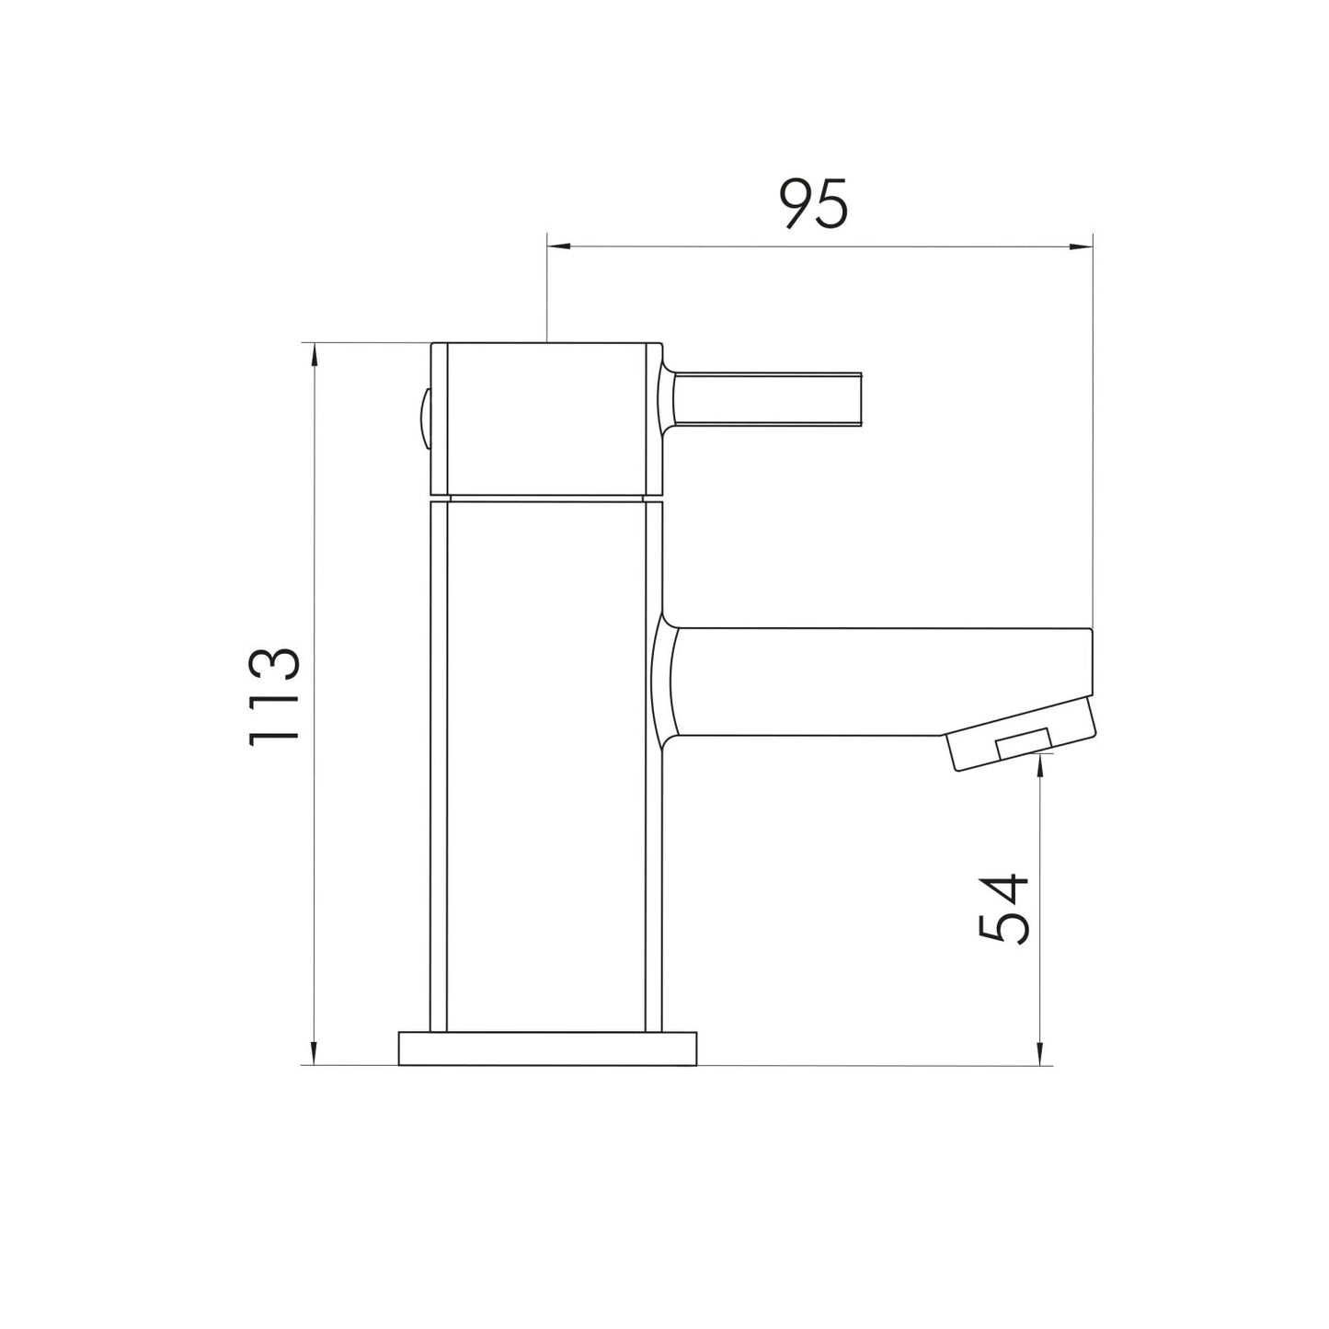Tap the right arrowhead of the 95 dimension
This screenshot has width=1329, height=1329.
click(x=1083, y=246)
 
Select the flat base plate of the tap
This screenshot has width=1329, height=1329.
click(x=547, y=1048)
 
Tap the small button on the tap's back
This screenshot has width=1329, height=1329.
click(x=424, y=418)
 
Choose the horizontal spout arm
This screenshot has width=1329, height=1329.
click(x=874, y=682)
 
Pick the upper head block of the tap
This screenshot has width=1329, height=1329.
click(x=547, y=418)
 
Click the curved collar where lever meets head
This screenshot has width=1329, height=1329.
click(x=668, y=399)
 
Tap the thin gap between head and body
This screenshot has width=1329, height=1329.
click(x=547, y=498)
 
